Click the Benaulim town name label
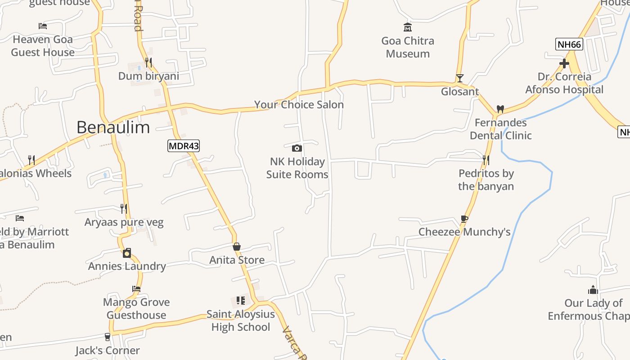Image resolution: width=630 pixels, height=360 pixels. tap(113, 127)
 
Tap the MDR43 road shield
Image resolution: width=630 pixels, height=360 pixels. tap(184, 146)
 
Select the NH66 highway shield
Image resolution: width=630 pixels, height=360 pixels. tap(570, 44)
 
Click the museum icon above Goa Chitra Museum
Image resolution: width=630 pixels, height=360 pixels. tap(408, 27)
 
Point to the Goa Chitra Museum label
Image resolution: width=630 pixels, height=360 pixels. tap(408, 47)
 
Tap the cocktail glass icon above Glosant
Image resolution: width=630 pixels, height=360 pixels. tap(459, 78)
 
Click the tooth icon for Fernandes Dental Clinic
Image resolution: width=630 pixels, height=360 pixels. tap(500, 109)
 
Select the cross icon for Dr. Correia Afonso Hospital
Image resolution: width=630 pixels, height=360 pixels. tap(564, 63)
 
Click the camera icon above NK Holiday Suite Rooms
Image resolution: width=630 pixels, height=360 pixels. tap(297, 148)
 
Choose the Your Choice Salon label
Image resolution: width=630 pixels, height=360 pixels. tap(299, 105)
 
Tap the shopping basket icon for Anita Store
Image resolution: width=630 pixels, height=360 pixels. tap(237, 247)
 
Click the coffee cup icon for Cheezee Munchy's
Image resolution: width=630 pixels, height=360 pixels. tap(464, 219)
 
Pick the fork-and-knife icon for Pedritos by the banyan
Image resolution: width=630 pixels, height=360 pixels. tap(486, 160)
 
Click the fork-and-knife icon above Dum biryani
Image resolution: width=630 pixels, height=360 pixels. tap(148, 63)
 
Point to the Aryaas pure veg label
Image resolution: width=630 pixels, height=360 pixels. tap(124, 222)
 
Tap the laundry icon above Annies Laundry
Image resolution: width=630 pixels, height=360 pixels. tap(127, 253)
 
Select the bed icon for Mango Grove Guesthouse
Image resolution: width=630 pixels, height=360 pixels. tap(136, 289)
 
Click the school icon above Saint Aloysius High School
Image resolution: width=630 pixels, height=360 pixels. tap(241, 301)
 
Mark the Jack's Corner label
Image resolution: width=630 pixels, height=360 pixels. tap(108, 351)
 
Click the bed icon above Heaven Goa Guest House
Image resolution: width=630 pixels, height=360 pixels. tap(43, 26)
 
